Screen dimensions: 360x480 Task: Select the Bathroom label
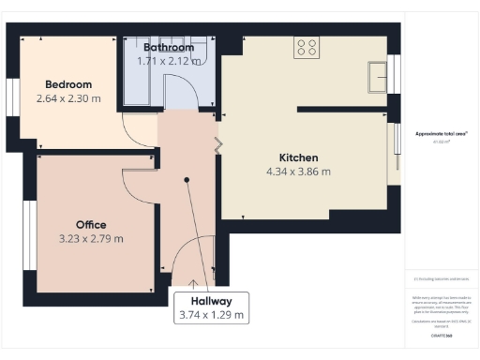click(169, 47)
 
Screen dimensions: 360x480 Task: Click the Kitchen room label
click(299, 157)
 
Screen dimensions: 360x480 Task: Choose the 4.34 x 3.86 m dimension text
click(299, 172)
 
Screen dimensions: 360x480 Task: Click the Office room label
click(91, 225)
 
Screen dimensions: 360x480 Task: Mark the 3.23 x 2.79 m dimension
click(91, 239)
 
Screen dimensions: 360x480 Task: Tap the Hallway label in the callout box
click(212, 301)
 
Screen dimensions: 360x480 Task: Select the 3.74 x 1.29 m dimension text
click(212, 316)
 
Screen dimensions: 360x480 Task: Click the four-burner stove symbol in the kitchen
click(306, 47)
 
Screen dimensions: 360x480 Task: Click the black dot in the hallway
click(187, 179)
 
